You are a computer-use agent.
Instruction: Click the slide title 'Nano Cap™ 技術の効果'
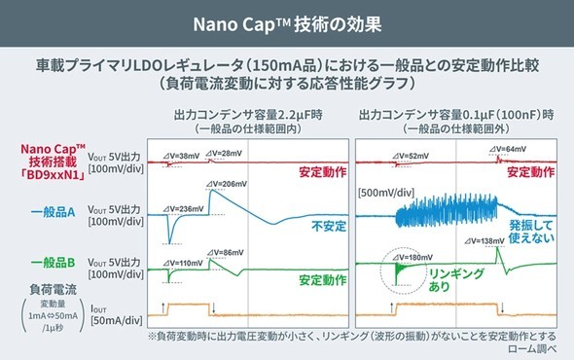[x=286, y=20]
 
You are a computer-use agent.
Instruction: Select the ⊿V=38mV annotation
[x=183, y=153]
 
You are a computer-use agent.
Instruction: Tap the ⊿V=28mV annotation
[x=226, y=152]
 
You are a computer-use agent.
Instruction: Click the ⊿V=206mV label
[x=233, y=183]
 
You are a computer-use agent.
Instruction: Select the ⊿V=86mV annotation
[x=230, y=253]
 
